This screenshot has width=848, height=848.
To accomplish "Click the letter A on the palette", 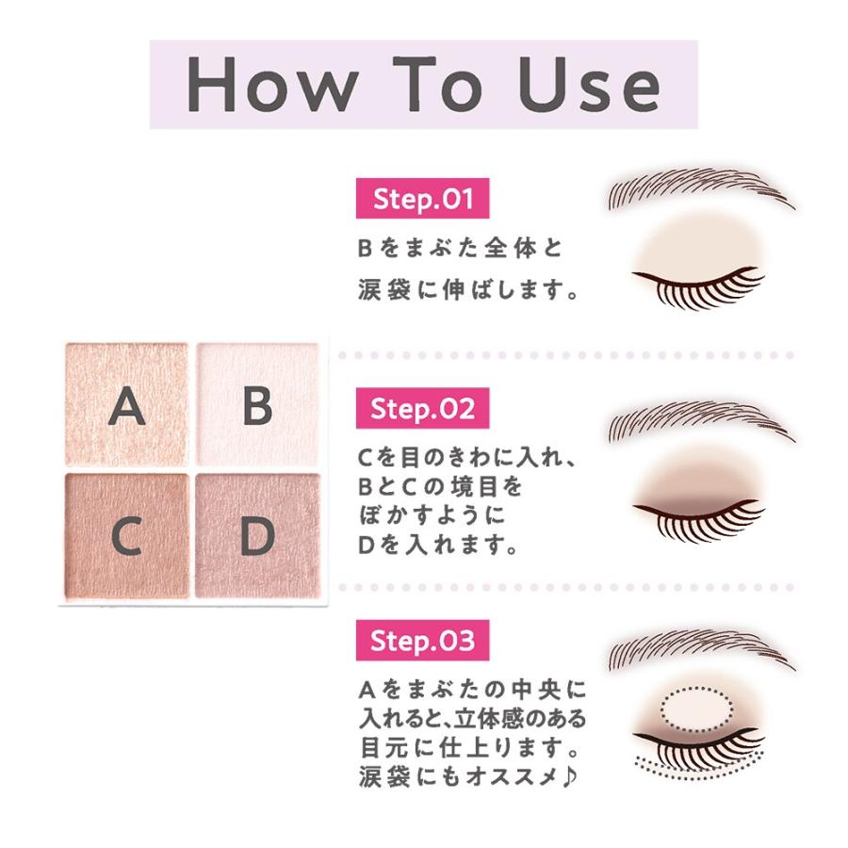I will tap(127, 407).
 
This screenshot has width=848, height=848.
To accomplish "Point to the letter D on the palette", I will tap(256, 536).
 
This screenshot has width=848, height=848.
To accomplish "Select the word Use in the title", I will tap(584, 85).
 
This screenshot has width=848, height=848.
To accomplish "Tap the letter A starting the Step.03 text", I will tap(367, 691).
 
